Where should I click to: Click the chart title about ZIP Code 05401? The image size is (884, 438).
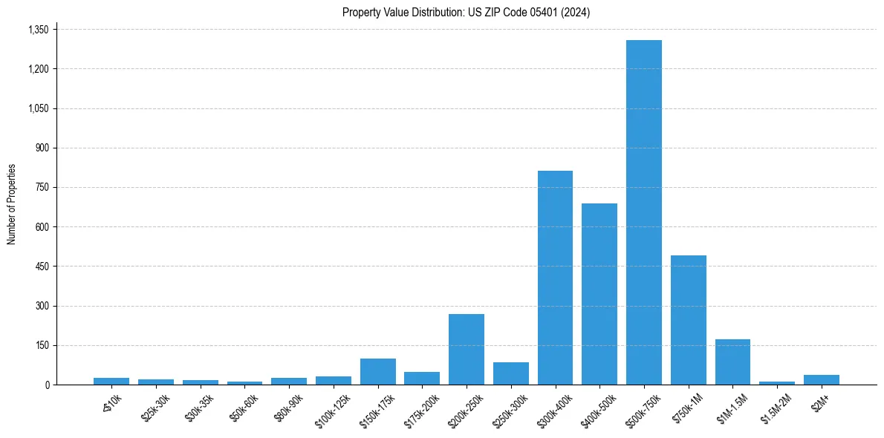click(466, 12)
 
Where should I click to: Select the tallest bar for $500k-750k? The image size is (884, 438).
click(643, 212)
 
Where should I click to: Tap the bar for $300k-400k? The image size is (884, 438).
click(555, 278)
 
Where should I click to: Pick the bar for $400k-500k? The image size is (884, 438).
click(599, 294)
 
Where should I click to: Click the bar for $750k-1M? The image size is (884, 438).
click(688, 320)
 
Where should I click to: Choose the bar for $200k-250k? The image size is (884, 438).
click(467, 349)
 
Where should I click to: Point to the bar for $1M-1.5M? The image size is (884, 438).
click(732, 362)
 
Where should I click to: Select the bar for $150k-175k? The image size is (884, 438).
click(377, 371)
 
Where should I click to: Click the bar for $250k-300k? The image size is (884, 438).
click(510, 373)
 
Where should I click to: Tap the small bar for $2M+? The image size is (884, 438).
click(822, 379)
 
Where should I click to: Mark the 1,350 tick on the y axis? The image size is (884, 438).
click(37, 30)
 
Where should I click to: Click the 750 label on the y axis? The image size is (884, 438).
click(42, 187)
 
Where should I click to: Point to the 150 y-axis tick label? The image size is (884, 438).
click(42, 345)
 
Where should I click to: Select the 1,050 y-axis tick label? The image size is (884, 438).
click(37, 108)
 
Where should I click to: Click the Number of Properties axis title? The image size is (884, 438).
click(11, 204)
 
